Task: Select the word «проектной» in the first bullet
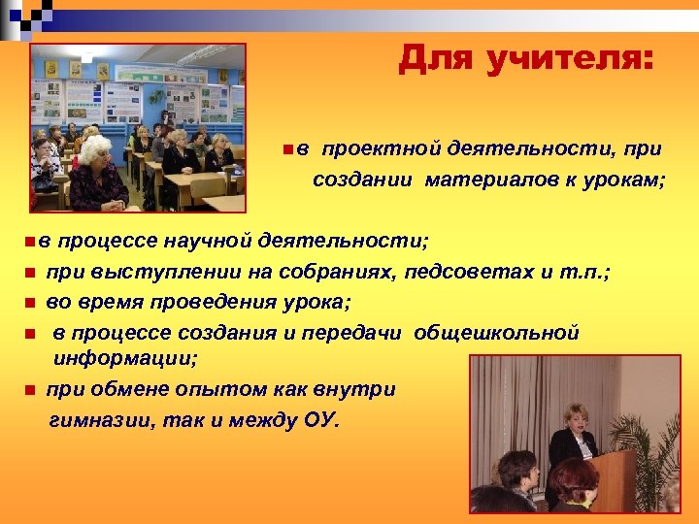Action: [x=380, y=148]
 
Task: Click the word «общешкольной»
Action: [x=496, y=333]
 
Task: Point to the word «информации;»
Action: [x=125, y=358]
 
